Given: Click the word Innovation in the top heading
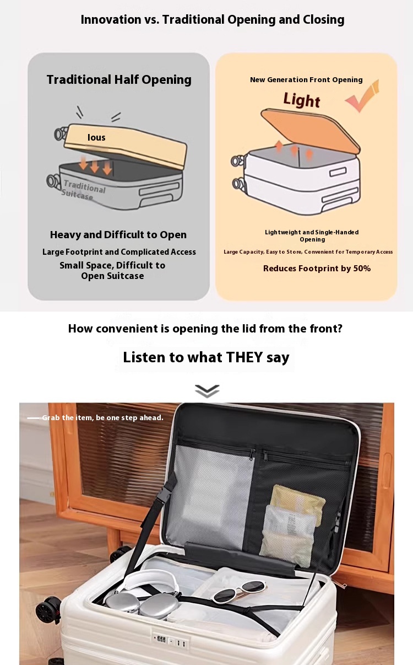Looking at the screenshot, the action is click(x=111, y=20).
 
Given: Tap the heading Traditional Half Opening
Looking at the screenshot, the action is click(x=119, y=80).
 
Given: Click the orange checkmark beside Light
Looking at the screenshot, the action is click(x=363, y=95).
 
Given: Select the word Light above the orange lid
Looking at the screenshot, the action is click(x=302, y=100).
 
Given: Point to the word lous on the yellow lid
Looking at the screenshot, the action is click(x=96, y=137).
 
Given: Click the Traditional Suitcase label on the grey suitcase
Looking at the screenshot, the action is click(x=83, y=190).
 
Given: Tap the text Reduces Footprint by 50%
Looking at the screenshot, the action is click(x=317, y=269).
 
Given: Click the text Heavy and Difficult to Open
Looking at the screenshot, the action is click(x=118, y=235).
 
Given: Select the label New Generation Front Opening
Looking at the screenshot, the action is click(x=306, y=79).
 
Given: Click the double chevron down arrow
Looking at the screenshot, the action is click(x=207, y=391).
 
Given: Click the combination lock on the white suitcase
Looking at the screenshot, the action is click(x=170, y=641).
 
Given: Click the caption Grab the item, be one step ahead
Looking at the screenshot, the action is click(x=102, y=418).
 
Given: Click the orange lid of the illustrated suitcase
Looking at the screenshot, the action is click(x=311, y=131).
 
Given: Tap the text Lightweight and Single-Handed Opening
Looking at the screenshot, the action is click(x=312, y=235).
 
